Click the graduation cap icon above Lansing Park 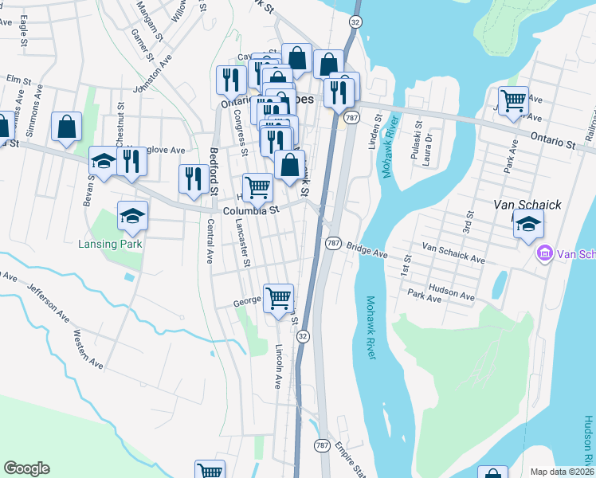point(133,214)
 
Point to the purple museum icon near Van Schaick point(546,254)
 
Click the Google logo point(26,468)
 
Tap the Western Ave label point(88,349)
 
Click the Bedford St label point(214,171)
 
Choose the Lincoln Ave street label point(278,366)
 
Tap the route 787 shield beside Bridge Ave point(333,242)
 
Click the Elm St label point(18,80)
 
